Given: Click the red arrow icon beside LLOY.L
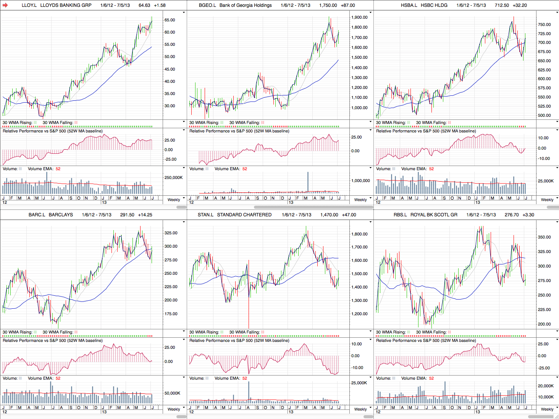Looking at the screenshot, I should pos(5,5).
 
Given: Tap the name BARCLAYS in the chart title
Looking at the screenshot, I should pos(61,215).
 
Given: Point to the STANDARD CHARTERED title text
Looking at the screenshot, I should pos(244,215).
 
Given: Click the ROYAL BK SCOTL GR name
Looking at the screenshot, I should pos(434,215).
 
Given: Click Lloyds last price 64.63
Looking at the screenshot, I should pos(144,5).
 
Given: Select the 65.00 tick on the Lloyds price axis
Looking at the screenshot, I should pos(170,20).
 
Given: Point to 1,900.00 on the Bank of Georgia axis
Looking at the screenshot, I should pos(359,17).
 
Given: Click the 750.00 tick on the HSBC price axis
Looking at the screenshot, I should pos(544,24).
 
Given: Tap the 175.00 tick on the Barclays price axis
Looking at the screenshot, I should pos(171,314).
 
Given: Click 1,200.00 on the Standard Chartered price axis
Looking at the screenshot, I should pos(359,314).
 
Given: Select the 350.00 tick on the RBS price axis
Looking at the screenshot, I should pos(544,237).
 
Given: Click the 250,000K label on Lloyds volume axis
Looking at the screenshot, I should pos(173,177).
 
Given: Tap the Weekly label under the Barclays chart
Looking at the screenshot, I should pos(174,409).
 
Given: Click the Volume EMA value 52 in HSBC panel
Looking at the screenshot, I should pos(431,169).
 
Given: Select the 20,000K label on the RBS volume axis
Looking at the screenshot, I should pos(546,386).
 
